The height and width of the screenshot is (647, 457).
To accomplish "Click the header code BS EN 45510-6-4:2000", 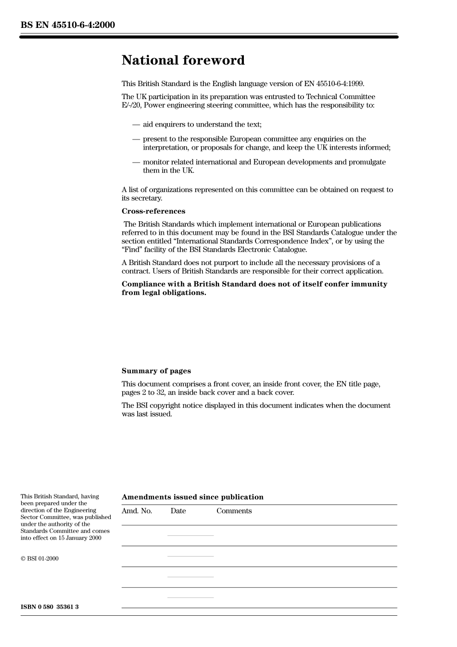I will click(68, 25).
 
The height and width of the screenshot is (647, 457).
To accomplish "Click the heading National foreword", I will click(183, 60).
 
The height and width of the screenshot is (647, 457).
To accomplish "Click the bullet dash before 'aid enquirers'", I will click(136, 125).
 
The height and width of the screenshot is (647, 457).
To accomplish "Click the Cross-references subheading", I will click(153, 211).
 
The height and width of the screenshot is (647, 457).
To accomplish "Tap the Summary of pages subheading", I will click(156, 371).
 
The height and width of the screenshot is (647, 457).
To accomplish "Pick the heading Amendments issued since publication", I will click(192, 497).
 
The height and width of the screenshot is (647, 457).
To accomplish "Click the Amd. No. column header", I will click(137, 511).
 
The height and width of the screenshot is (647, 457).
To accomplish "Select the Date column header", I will click(178, 511).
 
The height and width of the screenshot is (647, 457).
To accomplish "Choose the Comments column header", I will click(234, 511).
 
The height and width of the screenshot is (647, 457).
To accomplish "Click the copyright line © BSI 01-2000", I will click(39, 558).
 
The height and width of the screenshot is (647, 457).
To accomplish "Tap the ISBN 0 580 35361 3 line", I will click(50, 607).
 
